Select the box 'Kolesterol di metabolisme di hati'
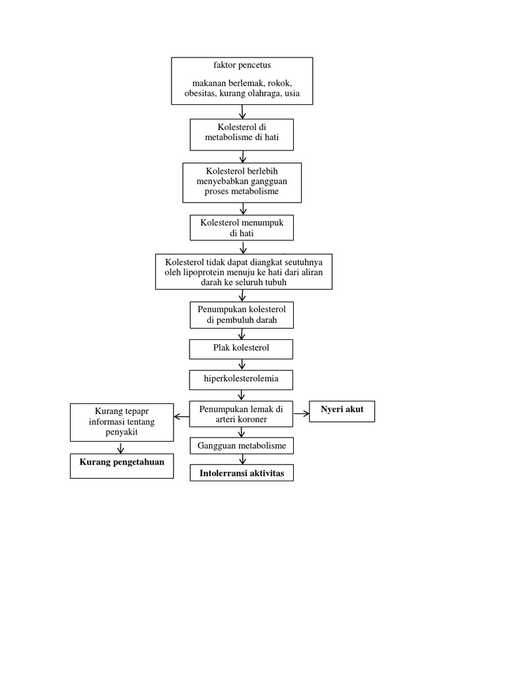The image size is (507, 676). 242,134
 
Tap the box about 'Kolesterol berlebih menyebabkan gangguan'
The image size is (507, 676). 242,182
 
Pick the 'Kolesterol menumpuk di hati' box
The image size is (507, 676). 242,228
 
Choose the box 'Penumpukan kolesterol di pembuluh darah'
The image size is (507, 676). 242,315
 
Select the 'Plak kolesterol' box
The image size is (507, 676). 242,348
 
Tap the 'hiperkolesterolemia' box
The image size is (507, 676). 242,380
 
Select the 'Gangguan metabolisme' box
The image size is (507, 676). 242,446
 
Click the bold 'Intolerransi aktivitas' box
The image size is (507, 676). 242,474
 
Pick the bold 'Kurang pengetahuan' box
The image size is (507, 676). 121,463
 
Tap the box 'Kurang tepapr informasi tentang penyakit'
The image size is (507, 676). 121,422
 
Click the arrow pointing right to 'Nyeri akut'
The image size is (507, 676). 301,414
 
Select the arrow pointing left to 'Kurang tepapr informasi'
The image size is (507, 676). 182,417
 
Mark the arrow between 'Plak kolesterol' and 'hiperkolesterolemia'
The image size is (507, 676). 242,364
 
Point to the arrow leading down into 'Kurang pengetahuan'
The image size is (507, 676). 121,447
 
